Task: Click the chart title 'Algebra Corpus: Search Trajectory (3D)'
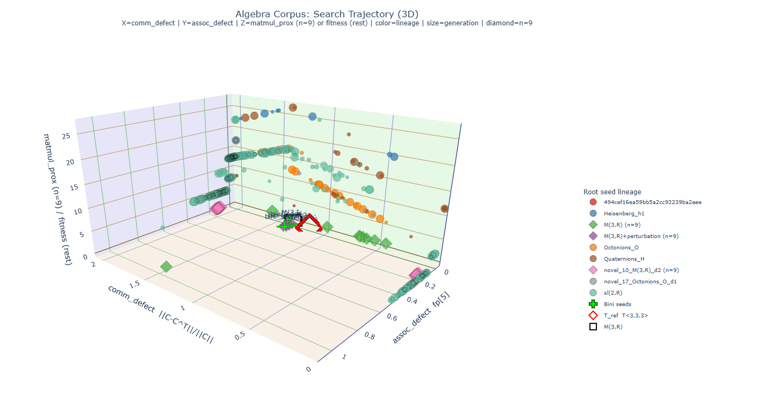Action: point(327,14)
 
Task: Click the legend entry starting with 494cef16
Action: point(644,202)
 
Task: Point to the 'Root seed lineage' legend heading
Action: point(612,192)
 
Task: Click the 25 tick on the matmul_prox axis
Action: point(66,137)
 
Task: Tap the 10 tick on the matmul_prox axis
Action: point(76,211)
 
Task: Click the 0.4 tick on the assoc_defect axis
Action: point(411,300)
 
